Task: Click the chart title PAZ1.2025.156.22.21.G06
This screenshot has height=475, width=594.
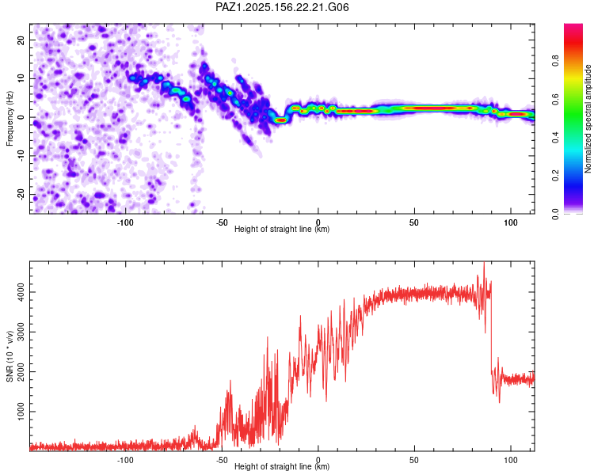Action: pos(282,7)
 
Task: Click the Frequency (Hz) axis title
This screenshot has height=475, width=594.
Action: pos(10,119)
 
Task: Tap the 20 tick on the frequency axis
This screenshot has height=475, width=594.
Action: pos(21,40)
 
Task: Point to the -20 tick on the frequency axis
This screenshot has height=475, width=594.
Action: pos(21,194)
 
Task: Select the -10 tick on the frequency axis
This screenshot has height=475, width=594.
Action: pos(21,156)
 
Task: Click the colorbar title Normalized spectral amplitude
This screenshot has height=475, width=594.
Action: pos(588,119)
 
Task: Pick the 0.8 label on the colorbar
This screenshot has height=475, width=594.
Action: pos(555,60)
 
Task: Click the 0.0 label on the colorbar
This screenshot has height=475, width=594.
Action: pos(555,214)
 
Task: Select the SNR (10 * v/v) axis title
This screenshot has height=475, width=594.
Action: pos(10,356)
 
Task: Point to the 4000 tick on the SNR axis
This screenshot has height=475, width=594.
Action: pos(21,292)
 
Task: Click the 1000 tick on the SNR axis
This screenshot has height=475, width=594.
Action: pos(21,412)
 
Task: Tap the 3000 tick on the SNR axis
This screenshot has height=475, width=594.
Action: pos(21,332)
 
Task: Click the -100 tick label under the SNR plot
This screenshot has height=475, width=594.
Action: pos(125,460)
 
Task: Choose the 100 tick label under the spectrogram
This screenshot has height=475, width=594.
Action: pos(511,222)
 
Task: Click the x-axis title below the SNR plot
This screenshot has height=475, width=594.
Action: pos(282,466)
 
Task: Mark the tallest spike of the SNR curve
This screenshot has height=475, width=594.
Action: pos(484,264)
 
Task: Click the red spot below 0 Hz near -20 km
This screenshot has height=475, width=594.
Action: pos(281,120)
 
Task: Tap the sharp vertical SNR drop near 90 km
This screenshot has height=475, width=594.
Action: pos(491,325)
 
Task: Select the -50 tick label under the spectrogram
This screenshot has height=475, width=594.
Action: pos(222,222)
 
